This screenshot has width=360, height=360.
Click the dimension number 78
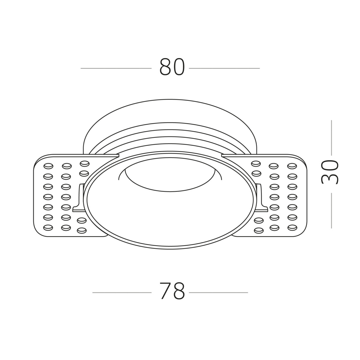coord(172,291)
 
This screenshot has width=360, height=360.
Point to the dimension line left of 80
coord(116,68)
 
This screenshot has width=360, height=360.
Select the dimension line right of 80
coord(224,68)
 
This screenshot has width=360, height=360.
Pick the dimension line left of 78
coord(122,292)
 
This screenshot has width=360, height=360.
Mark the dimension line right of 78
coord(218,292)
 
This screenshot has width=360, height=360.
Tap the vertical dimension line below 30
coord(331,210)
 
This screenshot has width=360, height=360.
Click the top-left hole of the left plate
coord(48,166)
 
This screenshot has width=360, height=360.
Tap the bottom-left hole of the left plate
coord(48,227)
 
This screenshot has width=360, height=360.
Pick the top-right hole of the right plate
coord(292,166)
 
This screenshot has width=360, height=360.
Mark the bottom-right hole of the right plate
coord(292,227)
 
